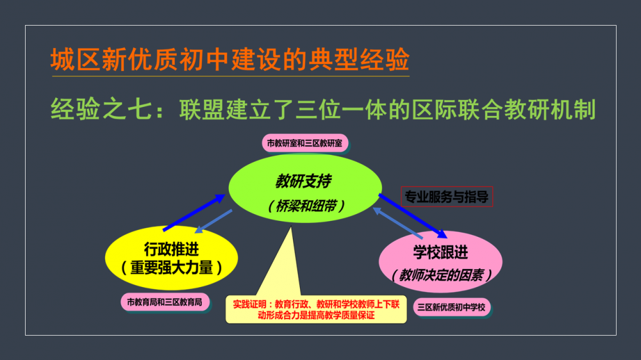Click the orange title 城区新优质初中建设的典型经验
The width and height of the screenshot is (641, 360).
(229, 59)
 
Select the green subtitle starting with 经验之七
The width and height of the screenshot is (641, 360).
(323, 110)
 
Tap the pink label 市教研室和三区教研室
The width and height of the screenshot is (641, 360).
(304, 143)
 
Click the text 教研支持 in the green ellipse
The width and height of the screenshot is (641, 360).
(303, 181)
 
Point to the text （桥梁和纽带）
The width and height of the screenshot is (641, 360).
(306, 206)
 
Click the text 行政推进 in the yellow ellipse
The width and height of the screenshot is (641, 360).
(171, 249)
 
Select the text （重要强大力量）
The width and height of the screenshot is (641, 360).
(172, 268)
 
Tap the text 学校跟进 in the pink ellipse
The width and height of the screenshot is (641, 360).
(440, 252)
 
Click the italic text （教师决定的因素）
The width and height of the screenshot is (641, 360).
(441, 275)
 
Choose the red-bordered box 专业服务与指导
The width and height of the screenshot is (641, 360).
(447, 197)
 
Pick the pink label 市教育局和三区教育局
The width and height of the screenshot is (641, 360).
(165, 302)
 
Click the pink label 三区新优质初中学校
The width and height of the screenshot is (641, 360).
(452, 307)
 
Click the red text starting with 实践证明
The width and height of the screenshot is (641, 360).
(316, 310)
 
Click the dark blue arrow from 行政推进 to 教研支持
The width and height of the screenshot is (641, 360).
(194, 213)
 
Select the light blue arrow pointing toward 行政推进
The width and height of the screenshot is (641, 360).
(213, 222)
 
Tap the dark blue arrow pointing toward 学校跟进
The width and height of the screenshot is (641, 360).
(413, 216)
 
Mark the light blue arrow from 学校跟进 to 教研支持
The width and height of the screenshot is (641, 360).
(397, 223)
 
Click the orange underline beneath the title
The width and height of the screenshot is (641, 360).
(230, 76)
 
